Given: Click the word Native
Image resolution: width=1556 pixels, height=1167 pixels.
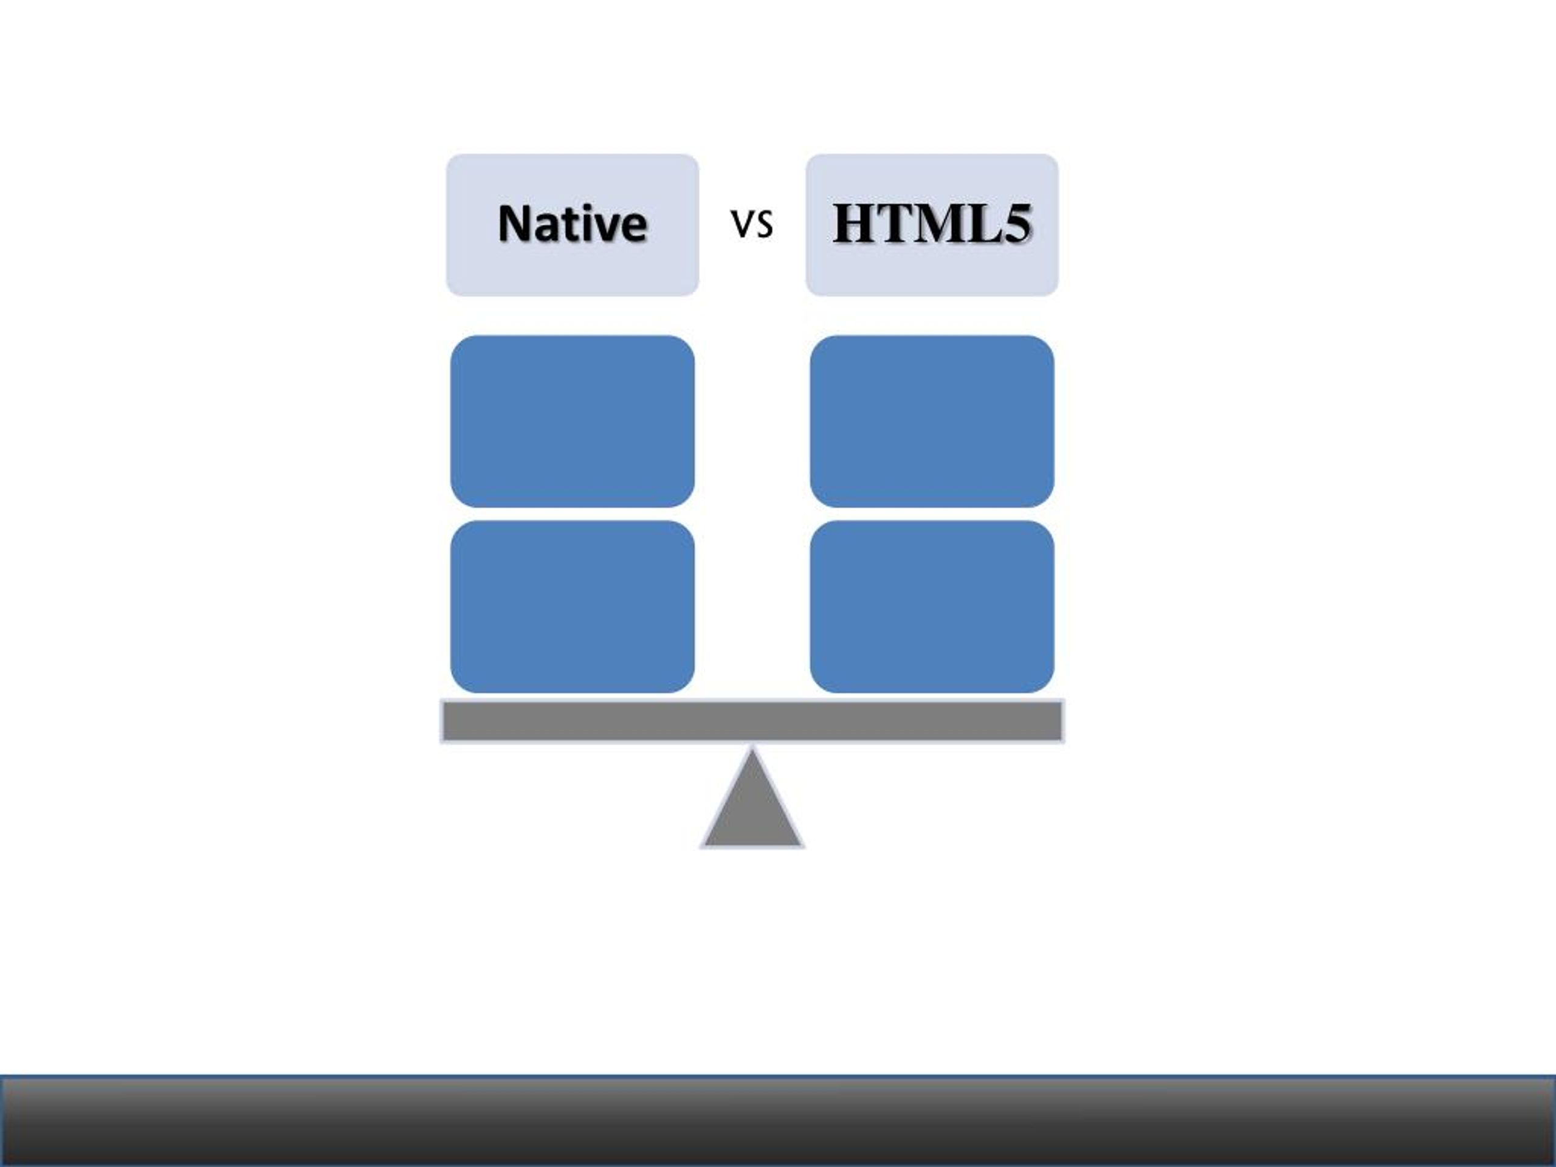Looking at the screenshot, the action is pos(572,224).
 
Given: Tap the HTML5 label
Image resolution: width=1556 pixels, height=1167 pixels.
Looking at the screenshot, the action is pos(931,224).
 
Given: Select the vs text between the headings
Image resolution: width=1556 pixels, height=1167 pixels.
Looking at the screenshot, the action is pos(752,224).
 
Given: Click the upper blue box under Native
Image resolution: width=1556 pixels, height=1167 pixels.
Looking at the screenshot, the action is pos(573,421).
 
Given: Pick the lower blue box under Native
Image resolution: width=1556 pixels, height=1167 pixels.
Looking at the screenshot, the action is pos(573,607).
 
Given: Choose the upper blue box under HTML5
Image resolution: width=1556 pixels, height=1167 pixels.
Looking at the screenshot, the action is pos(932,421).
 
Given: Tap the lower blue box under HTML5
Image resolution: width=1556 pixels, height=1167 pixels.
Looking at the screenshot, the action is pos(932,607).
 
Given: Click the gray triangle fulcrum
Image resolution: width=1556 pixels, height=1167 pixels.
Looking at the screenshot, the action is pos(752,809).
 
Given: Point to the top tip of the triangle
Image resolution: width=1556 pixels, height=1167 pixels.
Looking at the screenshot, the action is pos(752,748).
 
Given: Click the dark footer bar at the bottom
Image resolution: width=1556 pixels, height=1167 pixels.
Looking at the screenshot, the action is pos(778,1121).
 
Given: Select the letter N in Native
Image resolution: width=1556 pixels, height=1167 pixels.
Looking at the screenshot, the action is pos(515,224).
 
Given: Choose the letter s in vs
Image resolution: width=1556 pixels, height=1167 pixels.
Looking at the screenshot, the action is pos(764,225).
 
